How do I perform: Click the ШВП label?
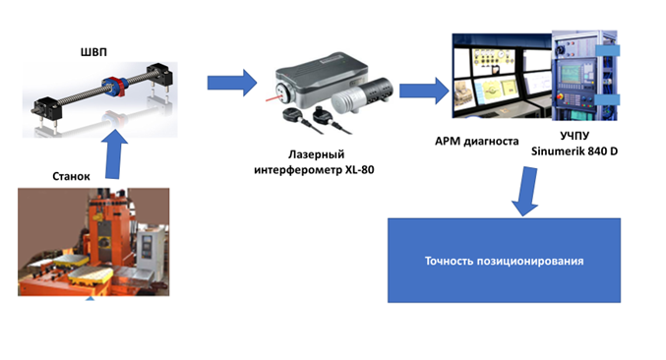(93, 52)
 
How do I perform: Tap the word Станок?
(71, 176)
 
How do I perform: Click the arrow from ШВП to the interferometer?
(232, 83)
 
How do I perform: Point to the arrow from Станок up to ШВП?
(115, 153)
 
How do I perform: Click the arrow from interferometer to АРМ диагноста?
(424, 90)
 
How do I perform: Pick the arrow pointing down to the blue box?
(526, 191)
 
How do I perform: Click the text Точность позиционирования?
(504, 261)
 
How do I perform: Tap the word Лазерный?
(317, 154)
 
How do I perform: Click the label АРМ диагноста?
(476, 141)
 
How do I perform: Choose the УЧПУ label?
(575, 136)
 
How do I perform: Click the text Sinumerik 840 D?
(575, 151)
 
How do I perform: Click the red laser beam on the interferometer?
(273, 98)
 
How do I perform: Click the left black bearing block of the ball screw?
(47, 108)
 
